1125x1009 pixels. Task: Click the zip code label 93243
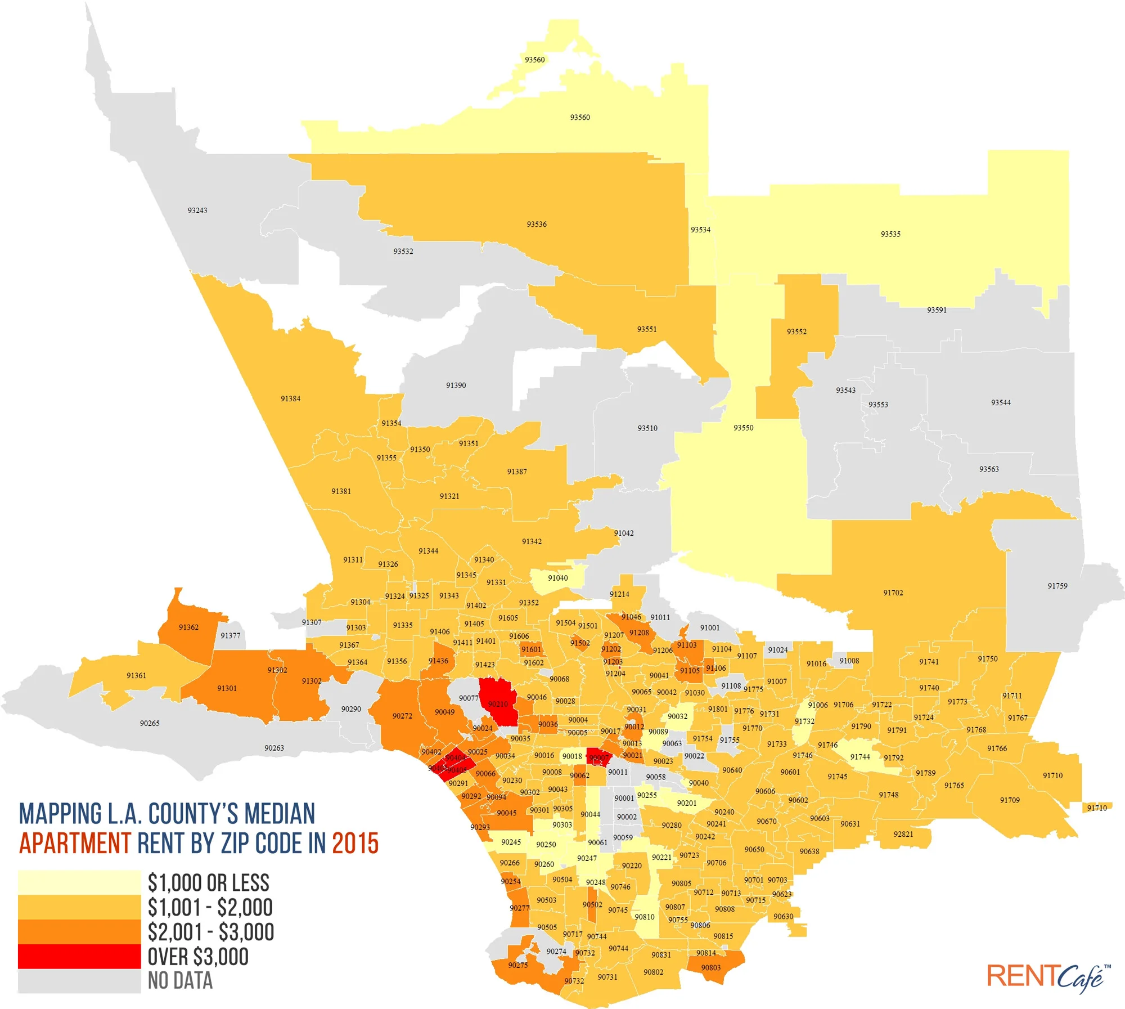197,210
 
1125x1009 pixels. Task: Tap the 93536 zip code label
537,224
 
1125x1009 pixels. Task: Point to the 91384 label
290,398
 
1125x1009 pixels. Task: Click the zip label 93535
890,234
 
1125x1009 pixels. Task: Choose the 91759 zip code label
1057,586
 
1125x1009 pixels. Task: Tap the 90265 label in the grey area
150,723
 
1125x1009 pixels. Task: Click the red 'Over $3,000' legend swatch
79,956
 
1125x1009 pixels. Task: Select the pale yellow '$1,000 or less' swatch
79,882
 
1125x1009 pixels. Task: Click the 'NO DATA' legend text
180,981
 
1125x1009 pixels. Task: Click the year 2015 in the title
355,843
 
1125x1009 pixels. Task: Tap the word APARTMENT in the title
75,843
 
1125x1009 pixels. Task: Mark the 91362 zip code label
188,627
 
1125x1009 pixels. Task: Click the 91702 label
893,593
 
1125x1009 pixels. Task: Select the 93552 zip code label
796,331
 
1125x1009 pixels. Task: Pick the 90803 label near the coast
711,967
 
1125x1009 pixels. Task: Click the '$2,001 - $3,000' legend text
210,932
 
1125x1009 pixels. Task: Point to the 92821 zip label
903,834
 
